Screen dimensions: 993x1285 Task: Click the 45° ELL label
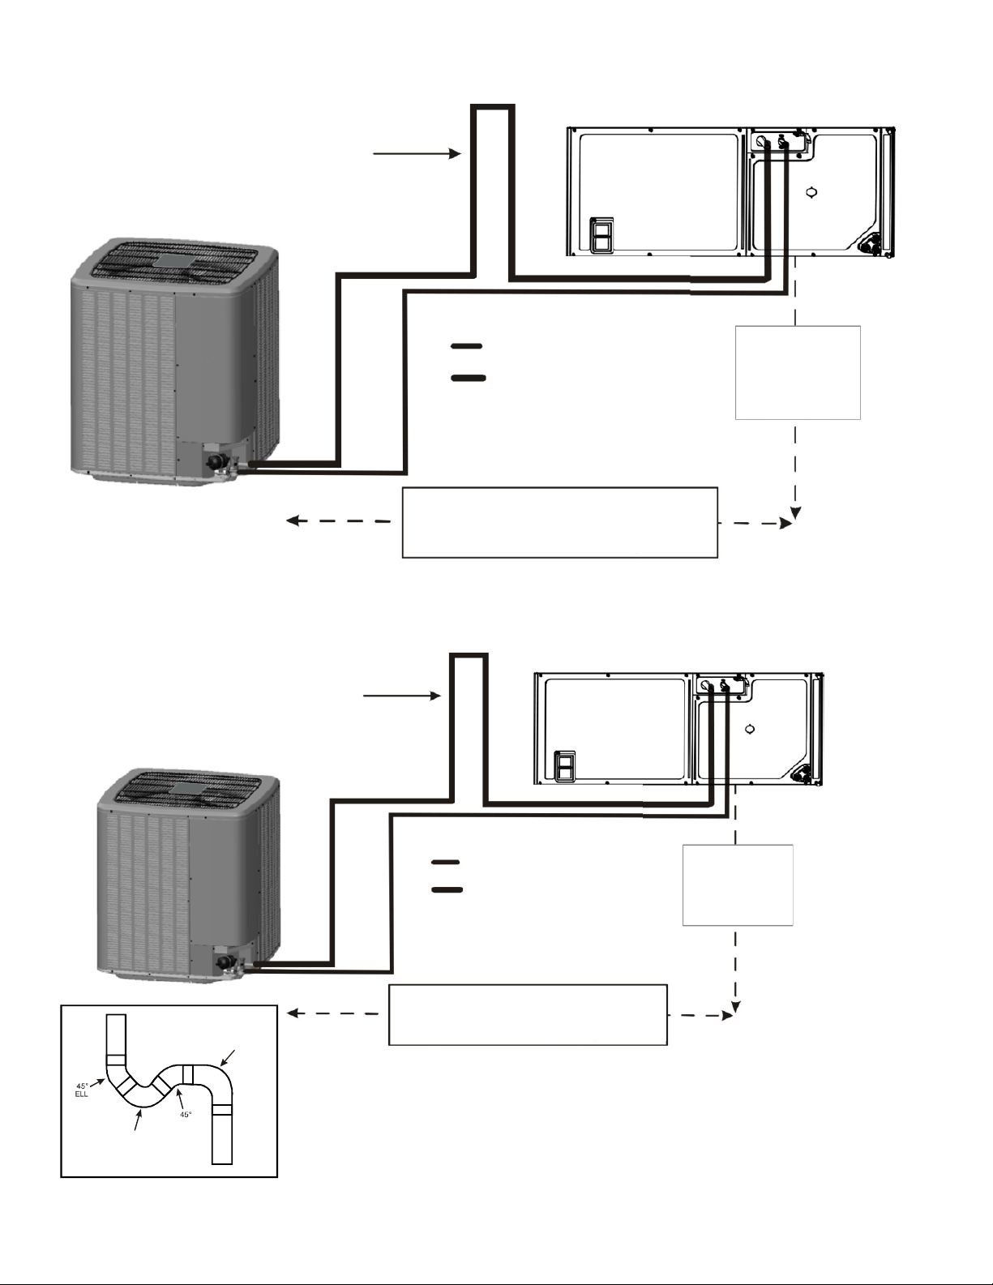click(82, 1090)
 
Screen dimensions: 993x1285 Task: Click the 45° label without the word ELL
click(186, 1115)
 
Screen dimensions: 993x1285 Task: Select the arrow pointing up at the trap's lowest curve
click(139, 1120)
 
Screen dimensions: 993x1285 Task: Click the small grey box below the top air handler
click(798, 373)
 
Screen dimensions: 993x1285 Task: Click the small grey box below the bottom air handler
click(738, 885)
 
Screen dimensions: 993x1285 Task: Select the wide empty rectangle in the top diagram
click(560, 523)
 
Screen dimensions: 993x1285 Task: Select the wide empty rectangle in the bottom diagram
click(528, 1015)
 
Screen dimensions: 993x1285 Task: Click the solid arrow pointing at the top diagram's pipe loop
click(417, 154)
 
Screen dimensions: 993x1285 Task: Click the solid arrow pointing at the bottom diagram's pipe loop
click(402, 696)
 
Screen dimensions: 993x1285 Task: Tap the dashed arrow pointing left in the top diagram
click(338, 521)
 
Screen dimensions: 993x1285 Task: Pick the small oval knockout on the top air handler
click(811, 191)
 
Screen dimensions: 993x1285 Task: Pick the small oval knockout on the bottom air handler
click(750, 729)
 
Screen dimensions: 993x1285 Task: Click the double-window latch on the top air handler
click(601, 236)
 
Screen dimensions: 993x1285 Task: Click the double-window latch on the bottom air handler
click(564, 767)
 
